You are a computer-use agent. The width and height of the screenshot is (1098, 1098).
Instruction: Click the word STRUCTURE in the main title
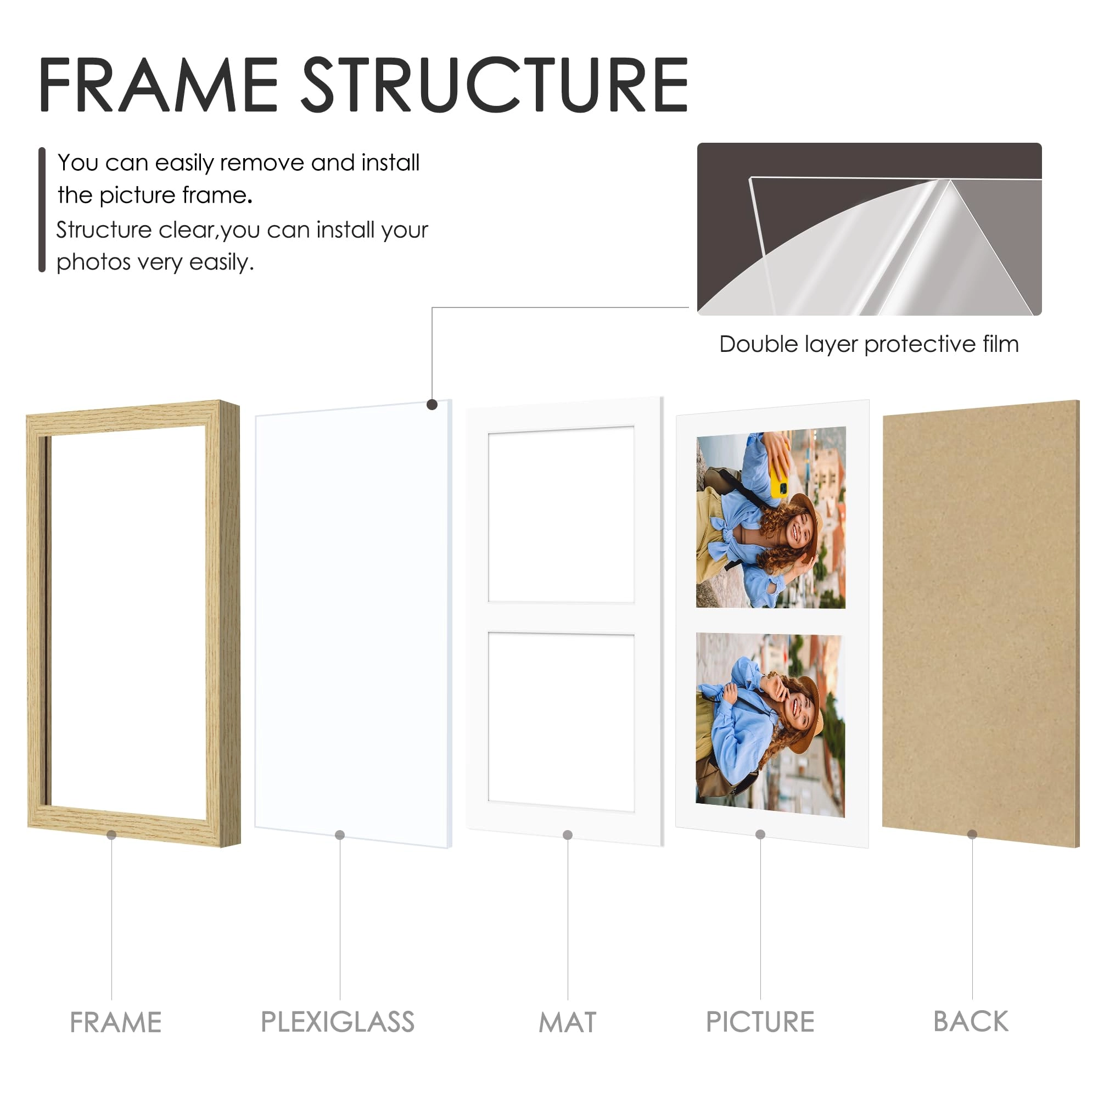[x=495, y=85]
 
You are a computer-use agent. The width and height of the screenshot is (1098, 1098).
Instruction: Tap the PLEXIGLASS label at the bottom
[x=338, y=1022]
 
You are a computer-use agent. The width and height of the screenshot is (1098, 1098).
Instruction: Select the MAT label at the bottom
[x=567, y=1022]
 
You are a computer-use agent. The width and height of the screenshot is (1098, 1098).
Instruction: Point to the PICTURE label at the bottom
[x=760, y=1022]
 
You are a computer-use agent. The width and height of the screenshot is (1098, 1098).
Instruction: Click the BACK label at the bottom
[x=971, y=1021]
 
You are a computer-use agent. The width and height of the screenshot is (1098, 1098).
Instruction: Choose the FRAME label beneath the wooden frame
[x=115, y=1022]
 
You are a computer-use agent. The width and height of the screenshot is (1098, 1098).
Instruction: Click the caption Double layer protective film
[x=869, y=344]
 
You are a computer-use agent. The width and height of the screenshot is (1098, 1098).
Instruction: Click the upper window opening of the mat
[x=561, y=514]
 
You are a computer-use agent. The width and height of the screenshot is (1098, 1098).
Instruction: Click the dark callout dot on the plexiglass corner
[x=432, y=405]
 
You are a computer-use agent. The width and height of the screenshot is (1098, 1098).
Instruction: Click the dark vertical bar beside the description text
[x=42, y=210]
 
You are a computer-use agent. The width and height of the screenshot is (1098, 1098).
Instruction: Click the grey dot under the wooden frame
[x=111, y=835]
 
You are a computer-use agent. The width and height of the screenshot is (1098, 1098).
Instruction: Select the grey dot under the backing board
[x=972, y=834]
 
